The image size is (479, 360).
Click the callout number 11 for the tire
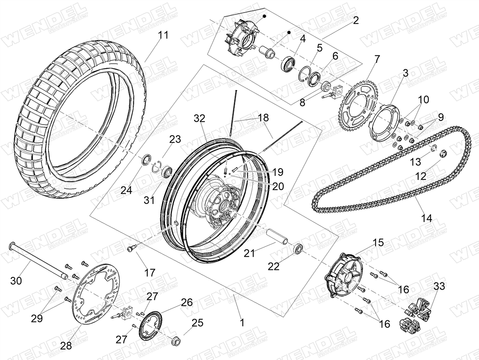(163, 35)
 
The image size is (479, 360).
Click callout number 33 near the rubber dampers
(439, 286)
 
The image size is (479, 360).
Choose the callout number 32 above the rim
(200, 118)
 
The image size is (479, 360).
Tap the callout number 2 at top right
(355, 21)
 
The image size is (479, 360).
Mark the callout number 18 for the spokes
(264, 118)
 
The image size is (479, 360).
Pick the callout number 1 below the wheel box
(242, 322)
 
